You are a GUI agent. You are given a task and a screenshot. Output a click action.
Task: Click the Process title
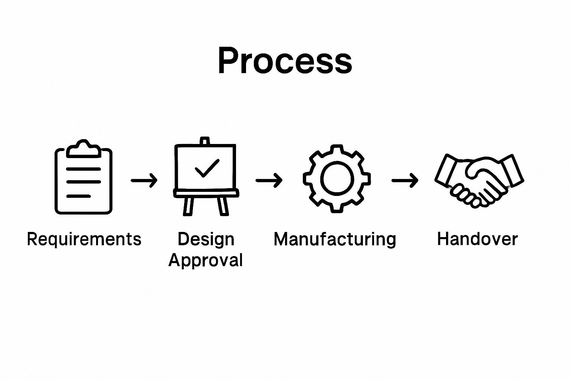coord(285,61)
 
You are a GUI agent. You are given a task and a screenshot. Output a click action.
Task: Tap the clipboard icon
coord(83,178)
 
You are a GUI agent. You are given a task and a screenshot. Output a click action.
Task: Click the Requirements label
coord(84,239)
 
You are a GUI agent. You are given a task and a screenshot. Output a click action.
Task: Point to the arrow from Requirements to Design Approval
coord(144,181)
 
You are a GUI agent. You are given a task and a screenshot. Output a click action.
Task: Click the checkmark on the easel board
coord(207,168)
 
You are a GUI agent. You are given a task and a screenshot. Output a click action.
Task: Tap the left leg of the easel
coord(188,206)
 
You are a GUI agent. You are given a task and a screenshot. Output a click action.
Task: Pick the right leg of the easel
coord(223,206)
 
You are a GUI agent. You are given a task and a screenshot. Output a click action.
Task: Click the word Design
coord(206,239)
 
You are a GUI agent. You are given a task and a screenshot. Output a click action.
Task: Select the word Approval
coord(206,260)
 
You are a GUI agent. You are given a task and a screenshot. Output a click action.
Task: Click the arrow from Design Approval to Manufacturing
coord(269,181)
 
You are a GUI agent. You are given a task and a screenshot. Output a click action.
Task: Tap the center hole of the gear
coord(336,178)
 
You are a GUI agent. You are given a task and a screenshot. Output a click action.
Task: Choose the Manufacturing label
coord(335,239)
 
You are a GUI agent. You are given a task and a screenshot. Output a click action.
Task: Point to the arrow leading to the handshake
coord(405,181)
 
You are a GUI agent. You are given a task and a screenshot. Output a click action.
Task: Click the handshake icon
coord(479,180)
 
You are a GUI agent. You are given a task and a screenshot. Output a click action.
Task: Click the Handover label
coord(477,239)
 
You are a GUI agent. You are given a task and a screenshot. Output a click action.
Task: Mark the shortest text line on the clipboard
coord(78,196)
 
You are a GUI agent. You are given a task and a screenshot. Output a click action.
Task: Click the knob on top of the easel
coord(205,141)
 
